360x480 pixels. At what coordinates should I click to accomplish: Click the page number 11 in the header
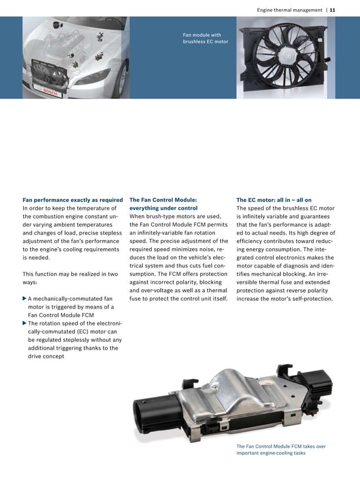(333, 10)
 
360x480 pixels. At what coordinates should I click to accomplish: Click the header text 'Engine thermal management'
(289, 10)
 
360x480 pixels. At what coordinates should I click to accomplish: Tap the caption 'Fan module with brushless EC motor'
(205, 38)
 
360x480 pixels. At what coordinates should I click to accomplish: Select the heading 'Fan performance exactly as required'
(72, 200)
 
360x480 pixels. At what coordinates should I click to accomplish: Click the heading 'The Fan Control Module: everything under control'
(163, 204)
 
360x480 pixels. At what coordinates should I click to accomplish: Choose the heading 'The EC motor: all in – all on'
(274, 200)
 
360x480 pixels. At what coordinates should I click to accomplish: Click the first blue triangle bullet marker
(24, 298)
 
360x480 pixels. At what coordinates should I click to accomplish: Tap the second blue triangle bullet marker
(24, 323)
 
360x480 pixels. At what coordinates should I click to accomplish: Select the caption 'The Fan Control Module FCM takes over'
(280, 446)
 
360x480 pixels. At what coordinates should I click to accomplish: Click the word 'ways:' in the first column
(30, 282)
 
